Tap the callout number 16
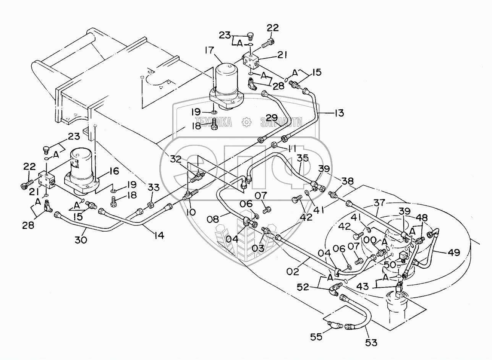(114, 170)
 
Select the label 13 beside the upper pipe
(339, 113)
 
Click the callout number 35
(303, 158)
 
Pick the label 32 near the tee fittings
(176, 159)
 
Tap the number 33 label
(153, 188)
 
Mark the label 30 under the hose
(81, 240)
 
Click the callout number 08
(214, 219)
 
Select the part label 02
(293, 272)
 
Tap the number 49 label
(454, 252)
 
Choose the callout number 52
(303, 287)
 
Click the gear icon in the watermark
(246, 122)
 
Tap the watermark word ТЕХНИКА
(213, 122)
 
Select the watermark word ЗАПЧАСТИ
(282, 122)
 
